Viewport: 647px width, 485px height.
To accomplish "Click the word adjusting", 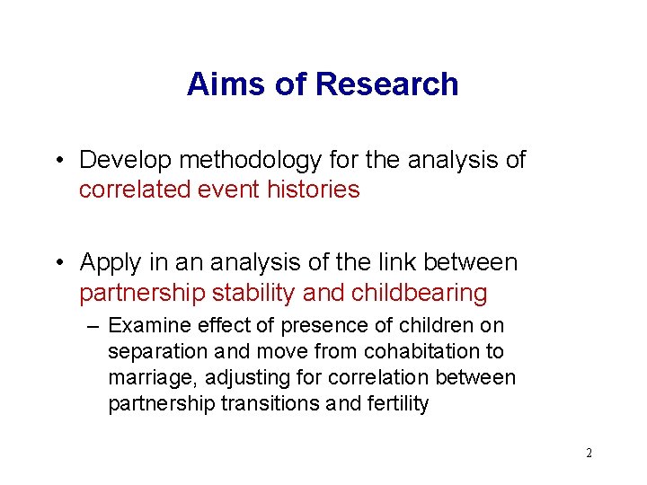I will coord(235,378).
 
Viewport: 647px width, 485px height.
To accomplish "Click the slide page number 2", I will coord(589,453).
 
